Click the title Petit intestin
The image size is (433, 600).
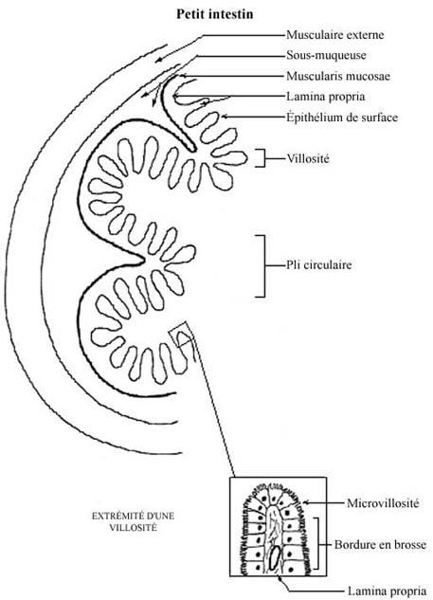pyautogui.click(x=214, y=14)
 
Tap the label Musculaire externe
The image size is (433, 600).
pyautogui.click(x=335, y=35)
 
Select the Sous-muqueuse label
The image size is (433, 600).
pyautogui.click(x=326, y=56)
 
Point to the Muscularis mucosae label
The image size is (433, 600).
pyautogui.click(x=338, y=76)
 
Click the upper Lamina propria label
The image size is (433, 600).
pyautogui.click(x=326, y=97)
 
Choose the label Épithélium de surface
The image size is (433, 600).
pyautogui.click(x=342, y=117)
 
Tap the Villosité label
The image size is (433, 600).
pyautogui.click(x=308, y=158)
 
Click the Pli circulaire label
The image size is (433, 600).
pyautogui.click(x=318, y=264)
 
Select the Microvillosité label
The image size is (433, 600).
pyautogui.click(x=383, y=502)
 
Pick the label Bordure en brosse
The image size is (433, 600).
pyautogui.click(x=380, y=544)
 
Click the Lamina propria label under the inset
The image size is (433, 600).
pyautogui.click(x=387, y=591)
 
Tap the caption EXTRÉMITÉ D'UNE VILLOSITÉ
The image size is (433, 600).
pyautogui.click(x=133, y=521)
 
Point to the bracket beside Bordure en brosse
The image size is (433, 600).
pyautogui.click(x=317, y=544)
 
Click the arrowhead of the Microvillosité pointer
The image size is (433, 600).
pyautogui.click(x=305, y=502)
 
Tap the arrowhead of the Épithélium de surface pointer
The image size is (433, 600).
pyautogui.click(x=225, y=117)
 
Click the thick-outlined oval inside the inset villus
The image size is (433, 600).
pyautogui.click(x=274, y=558)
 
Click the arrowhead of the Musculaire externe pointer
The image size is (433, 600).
pyautogui.click(x=158, y=60)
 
